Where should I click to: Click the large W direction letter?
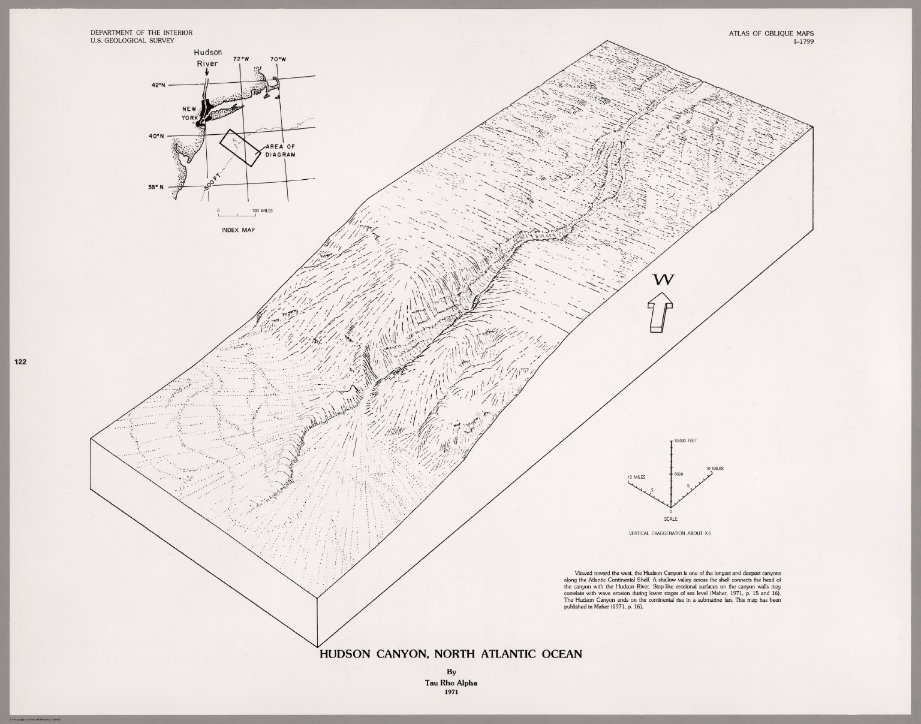(664, 279)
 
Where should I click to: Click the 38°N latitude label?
(157, 187)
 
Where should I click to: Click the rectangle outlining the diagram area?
(239, 146)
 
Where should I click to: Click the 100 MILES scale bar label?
(263, 211)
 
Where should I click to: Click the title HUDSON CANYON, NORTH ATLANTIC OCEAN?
(450, 654)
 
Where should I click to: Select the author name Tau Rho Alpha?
(449, 681)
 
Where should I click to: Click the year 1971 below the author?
(449, 692)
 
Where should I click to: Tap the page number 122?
(21, 361)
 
